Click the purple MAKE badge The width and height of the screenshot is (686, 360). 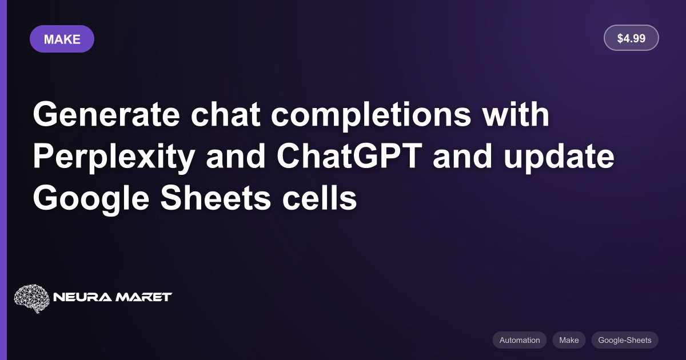click(62, 39)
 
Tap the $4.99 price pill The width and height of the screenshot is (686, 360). click(631, 38)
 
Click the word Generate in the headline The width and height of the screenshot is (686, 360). click(106, 115)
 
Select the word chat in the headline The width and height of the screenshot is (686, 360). click(226, 114)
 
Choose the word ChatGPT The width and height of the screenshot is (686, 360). click(349, 156)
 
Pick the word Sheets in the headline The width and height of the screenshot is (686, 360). click(216, 198)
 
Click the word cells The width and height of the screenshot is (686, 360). click(320, 198)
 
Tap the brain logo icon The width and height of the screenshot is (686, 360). click(31, 298)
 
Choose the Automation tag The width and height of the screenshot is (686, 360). click(520, 340)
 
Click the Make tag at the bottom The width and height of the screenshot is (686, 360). click(569, 340)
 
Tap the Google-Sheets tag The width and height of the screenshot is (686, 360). click(625, 340)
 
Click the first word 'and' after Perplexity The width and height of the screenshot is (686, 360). click(236, 156)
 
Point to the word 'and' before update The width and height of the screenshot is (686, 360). click(462, 156)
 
